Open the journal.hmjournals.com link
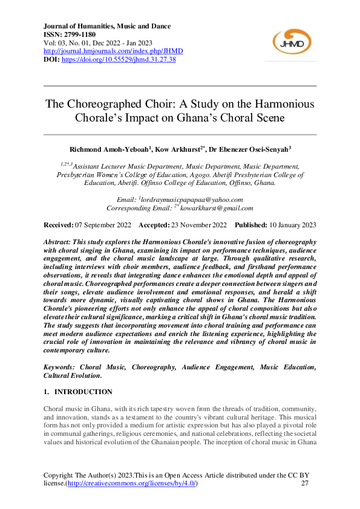click(x=113, y=51)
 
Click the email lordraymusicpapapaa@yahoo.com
click(x=192, y=199)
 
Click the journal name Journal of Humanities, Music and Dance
click(x=107, y=27)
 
